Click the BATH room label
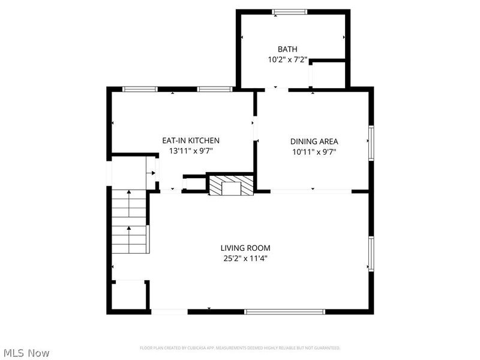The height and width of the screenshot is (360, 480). pyautogui.click(x=287, y=49)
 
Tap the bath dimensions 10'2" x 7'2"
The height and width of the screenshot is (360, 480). pyautogui.click(x=287, y=59)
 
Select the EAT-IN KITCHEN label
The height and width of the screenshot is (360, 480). pyautogui.click(x=186, y=141)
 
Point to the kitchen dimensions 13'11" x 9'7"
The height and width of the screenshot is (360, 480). pyautogui.click(x=186, y=151)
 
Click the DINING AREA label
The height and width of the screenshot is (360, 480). pyautogui.click(x=314, y=141)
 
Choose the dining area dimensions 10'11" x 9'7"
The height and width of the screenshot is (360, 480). pyautogui.click(x=314, y=151)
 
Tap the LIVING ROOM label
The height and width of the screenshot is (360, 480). pyautogui.click(x=245, y=248)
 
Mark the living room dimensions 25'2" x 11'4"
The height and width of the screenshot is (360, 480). pyautogui.click(x=245, y=259)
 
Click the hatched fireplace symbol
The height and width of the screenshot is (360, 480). pyautogui.click(x=230, y=185)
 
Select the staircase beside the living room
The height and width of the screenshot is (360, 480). pyautogui.click(x=129, y=222)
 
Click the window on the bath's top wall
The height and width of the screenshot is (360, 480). pyautogui.click(x=290, y=11)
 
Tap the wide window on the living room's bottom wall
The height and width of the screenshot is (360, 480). pyautogui.click(x=284, y=311)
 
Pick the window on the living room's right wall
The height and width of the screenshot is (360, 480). pyautogui.click(x=371, y=254)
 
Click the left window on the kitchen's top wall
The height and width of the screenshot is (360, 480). pyautogui.click(x=140, y=89)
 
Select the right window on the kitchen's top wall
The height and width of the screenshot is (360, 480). pyautogui.click(x=214, y=89)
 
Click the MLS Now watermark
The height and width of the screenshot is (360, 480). pyautogui.click(x=26, y=353)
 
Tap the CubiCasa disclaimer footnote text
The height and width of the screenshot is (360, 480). pyautogui.click(x=240, y=348)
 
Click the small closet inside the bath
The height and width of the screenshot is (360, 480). pyautogui.click(x=329, y=74)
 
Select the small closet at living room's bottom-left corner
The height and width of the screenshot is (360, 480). pyautogui.click(x=128, y=295)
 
